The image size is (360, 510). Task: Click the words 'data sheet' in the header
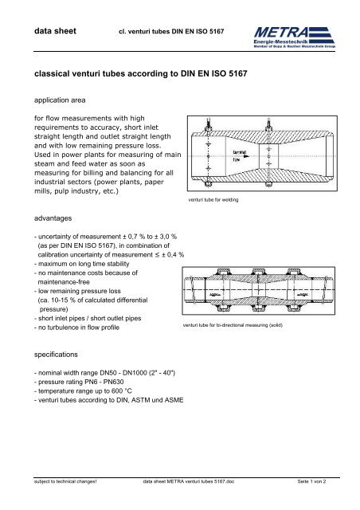click(44, 33)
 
